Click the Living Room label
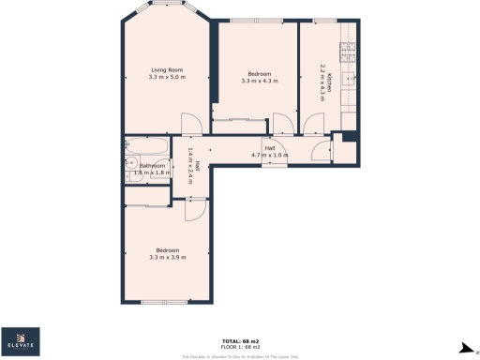(x=169, y=68)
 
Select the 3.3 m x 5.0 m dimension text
(x=169, y=77)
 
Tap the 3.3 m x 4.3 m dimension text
(x=259, y=82)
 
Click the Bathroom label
(x=154, y=166)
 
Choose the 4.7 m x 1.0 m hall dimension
(x=269, y=154)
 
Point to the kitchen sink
(x=349, y=80)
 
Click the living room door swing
(x=189, y=122)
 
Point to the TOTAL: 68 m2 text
(x=240, y=339)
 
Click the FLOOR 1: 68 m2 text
(x=240, y=346)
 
